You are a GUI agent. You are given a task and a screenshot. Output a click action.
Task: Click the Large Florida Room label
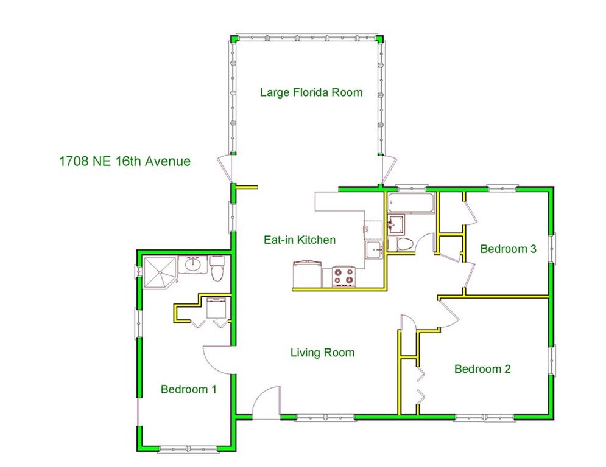(x=311, y=92)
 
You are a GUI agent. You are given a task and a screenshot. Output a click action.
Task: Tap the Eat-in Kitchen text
(x=300, y=240)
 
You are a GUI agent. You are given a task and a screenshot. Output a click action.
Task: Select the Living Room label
(x=322, y=353)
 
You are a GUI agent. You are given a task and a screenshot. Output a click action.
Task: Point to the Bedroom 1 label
(x=189, y=389)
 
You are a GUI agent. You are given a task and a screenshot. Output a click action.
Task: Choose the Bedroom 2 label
(x=482, y=369)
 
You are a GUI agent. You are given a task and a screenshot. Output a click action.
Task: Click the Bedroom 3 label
(x=508, y=249)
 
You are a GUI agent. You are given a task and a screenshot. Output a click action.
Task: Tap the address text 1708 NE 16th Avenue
(x=125, y=161)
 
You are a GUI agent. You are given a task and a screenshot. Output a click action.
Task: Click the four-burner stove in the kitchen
(x=344, y=276)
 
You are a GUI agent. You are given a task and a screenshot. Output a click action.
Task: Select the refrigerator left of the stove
(x=307, y=274)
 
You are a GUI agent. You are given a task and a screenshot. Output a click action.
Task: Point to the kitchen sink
(x=374, y=251)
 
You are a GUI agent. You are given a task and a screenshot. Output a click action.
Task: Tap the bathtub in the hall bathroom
(x=411, y=202)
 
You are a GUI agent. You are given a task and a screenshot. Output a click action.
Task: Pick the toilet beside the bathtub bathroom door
(x=401, y=244)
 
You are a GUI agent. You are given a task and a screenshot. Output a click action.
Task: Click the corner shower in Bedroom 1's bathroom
(x=160, y=272)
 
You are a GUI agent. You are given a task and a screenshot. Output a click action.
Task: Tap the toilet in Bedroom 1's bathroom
(x=217, y=268)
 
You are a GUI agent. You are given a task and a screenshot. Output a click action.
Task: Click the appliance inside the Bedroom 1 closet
(x=216, y=307)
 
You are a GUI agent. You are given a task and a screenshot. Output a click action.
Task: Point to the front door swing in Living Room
(x=266, y=403)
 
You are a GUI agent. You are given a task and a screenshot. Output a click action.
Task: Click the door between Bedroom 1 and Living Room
(x=217, y=359)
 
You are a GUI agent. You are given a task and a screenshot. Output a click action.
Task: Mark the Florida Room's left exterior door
(x=225, y=169)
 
